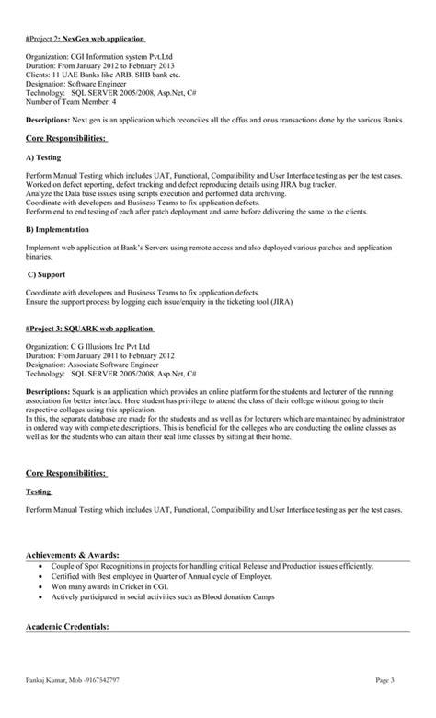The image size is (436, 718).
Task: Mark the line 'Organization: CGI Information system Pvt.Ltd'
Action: pos(104,58)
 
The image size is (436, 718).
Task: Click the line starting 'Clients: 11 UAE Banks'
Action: pos(103,76)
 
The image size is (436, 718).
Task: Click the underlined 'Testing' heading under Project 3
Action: pos(39,492)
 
